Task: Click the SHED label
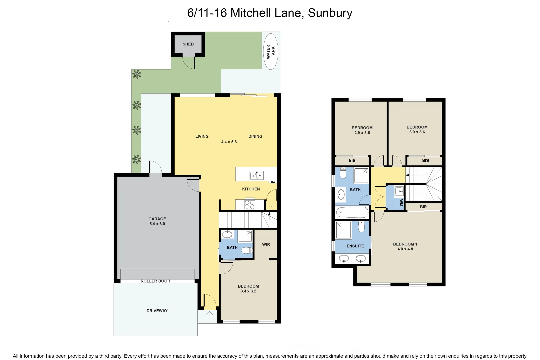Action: tap(188, 44)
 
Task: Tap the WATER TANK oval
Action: tap(271, 52)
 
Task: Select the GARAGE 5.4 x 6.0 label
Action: tap(157, 221)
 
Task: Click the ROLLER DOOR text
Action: tap(155, 281)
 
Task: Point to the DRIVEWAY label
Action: tap(157, 311)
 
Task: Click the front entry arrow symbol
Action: tap(209, 314)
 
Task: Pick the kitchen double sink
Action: tap(257, 175)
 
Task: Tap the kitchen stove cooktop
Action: tap(250, 204)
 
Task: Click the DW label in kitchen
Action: tap(273, 182)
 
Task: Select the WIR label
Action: tap(266, 244)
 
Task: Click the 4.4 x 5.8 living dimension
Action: tap(229, 142)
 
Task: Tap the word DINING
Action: tap(255, 136)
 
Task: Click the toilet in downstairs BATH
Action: tap(247, 250)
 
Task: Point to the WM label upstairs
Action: tap(401, 202)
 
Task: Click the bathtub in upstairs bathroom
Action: tap(352, 212)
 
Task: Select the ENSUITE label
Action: tap(355, 246)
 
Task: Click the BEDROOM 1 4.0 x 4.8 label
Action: tap(405, 246)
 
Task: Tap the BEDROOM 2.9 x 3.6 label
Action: tap(362, 130)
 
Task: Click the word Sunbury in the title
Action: tap(330, 13)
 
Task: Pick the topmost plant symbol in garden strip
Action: tap(136, 74)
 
